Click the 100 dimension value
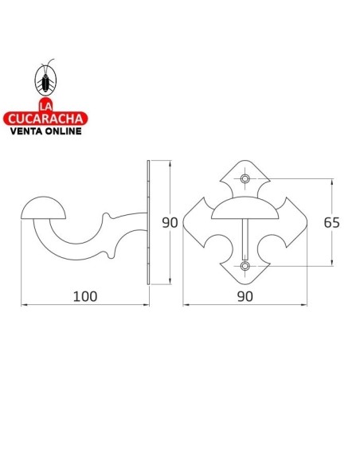84,295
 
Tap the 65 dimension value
332,222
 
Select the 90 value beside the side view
169,223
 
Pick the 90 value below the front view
244,295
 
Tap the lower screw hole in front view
245,265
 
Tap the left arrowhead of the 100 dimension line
23,306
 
